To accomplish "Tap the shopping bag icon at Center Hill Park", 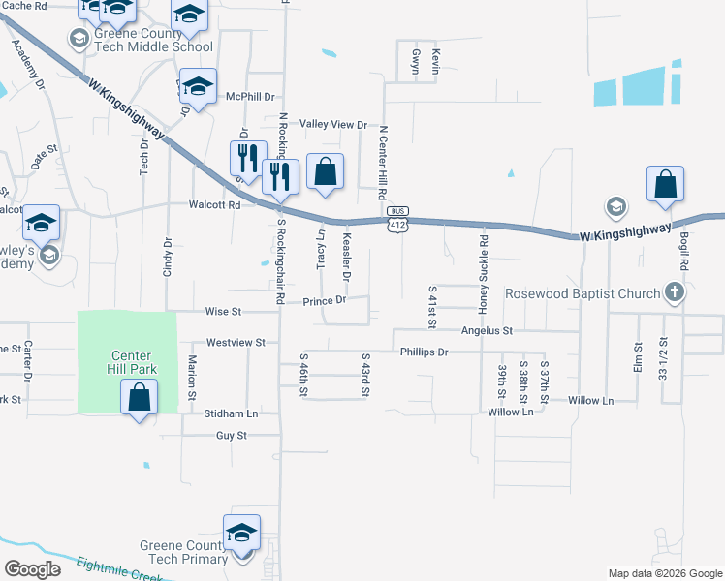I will point(140,397).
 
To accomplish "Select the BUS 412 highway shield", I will point(395,218).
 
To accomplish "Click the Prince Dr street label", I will point(325,301).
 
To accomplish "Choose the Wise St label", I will point(222,312).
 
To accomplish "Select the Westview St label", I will point(229,342).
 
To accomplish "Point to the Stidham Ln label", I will point(232,413).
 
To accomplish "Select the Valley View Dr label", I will point(333,125).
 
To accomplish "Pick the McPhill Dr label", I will point(250,97).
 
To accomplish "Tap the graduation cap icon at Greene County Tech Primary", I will point(241,533).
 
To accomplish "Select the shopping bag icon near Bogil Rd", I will point(666,184).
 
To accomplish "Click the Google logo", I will point(33,569).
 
